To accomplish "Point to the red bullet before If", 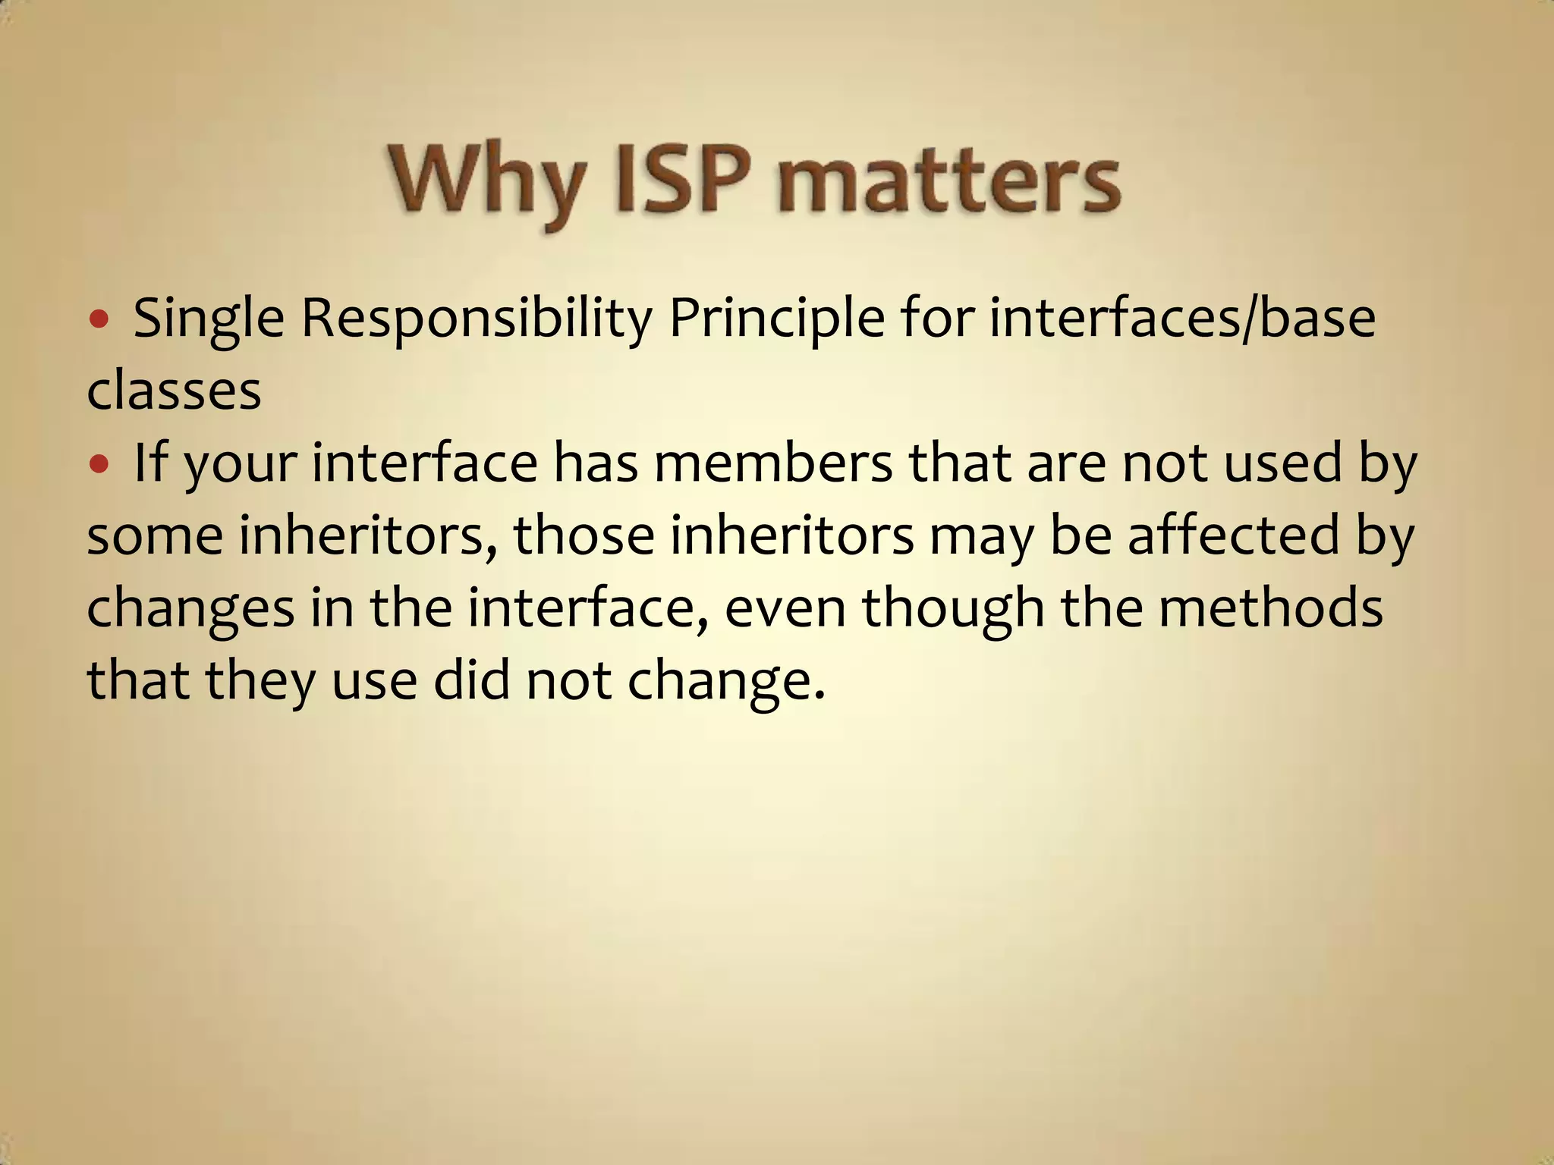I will coord(99,463).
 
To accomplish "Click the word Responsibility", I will coord(477,320).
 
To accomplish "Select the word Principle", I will coord(776,320).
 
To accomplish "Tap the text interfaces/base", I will coord(1182,319).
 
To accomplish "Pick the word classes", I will coord(174,391).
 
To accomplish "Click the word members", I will coord(773,463).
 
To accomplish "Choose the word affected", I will coord(1234,535).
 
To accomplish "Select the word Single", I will coord(209,320).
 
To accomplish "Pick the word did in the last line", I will coord(471,680).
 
